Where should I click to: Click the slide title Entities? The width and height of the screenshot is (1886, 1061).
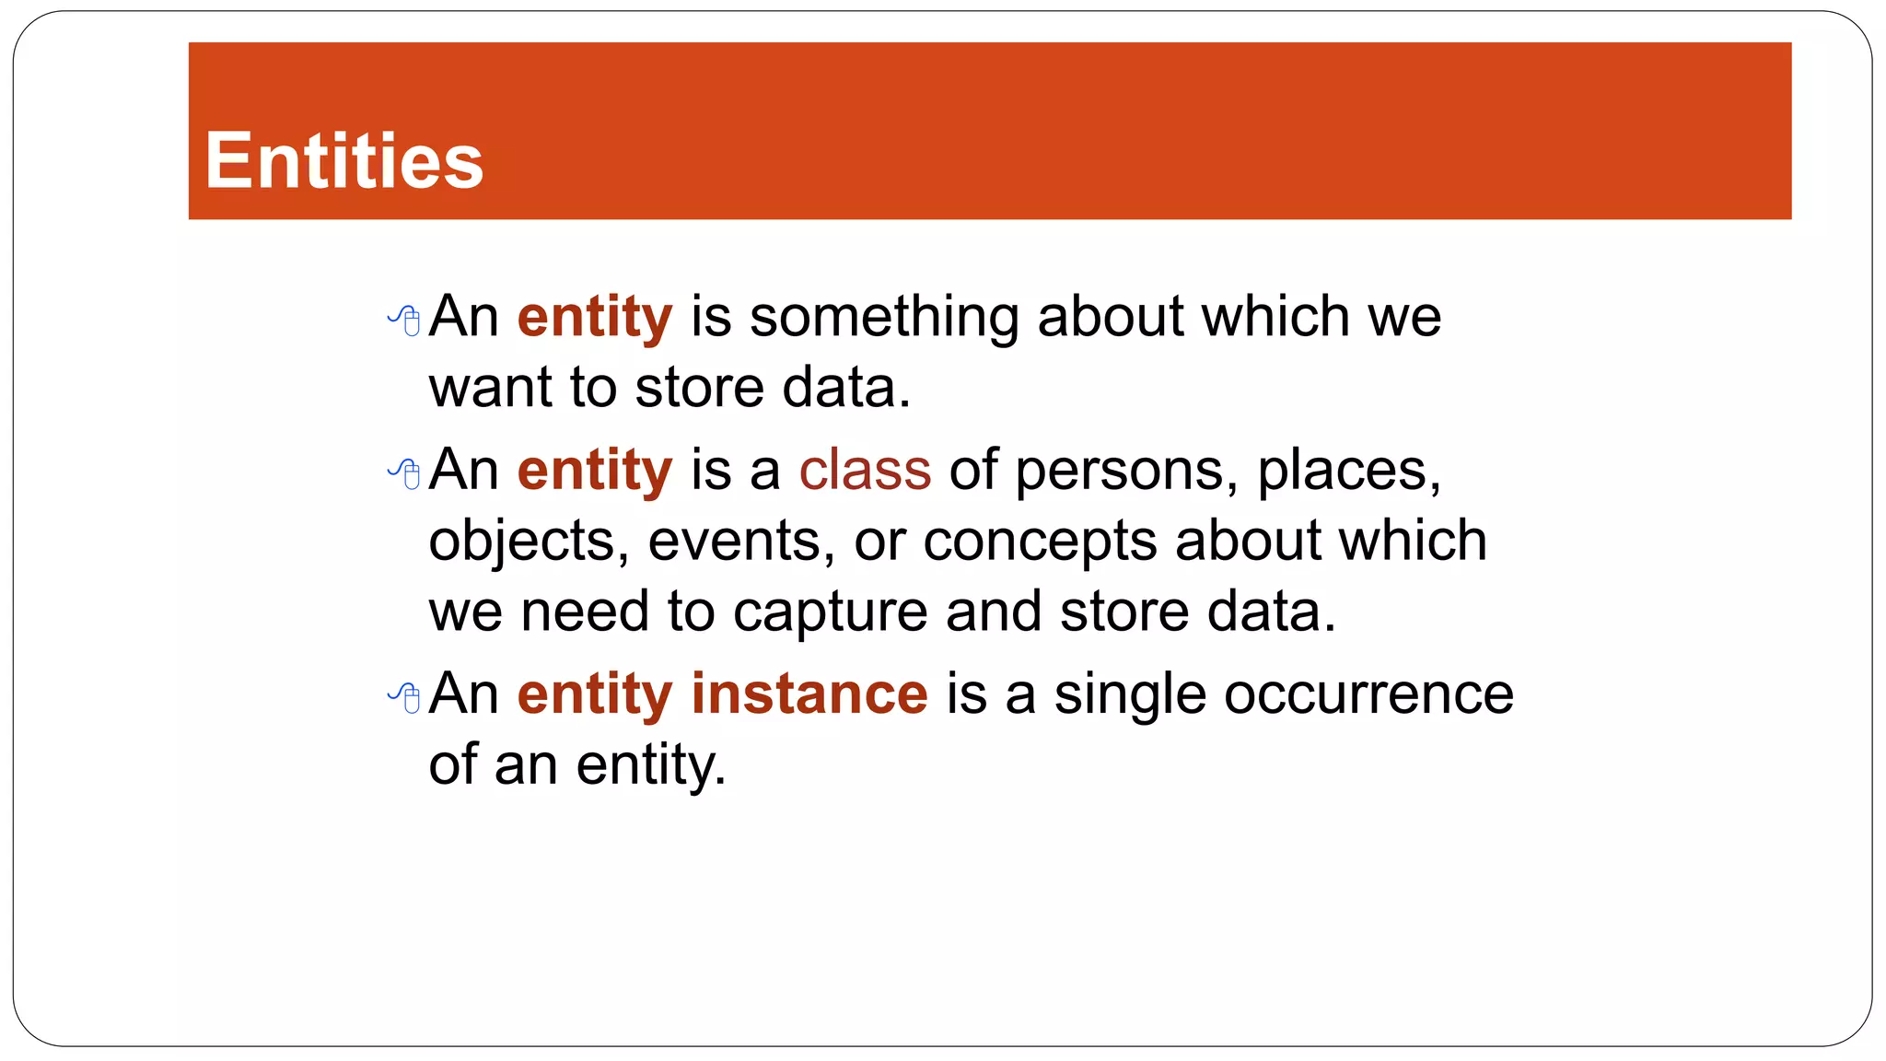click(343, 161)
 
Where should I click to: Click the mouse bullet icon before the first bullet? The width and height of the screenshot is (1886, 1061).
click(404, 320)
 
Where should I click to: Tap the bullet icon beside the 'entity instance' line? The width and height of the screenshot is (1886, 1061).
click(404, 697)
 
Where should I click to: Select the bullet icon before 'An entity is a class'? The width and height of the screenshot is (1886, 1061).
click(404, 473)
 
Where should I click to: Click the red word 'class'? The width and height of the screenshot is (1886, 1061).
click(865, 470)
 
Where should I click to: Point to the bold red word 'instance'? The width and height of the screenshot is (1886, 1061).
click(809, 694)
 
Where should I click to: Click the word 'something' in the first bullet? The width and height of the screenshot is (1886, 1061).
click(884, 316)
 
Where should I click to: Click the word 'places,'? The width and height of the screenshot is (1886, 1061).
click(1349, 472)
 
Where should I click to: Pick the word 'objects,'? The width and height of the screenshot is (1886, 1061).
click(529, 542)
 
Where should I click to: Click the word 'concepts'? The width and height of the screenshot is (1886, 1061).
click(1040, 542)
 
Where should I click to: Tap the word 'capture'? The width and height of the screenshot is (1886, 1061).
click(830, 612)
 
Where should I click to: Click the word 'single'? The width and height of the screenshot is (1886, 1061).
click(1129, 695)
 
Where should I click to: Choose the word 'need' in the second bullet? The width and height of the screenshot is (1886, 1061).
click(584, 612)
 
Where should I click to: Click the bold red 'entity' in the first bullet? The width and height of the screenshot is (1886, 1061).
click(595, 318)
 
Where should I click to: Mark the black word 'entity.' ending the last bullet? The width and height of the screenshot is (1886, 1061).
click(651, 765)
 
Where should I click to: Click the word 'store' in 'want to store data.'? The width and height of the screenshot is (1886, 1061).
click(699, 387)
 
